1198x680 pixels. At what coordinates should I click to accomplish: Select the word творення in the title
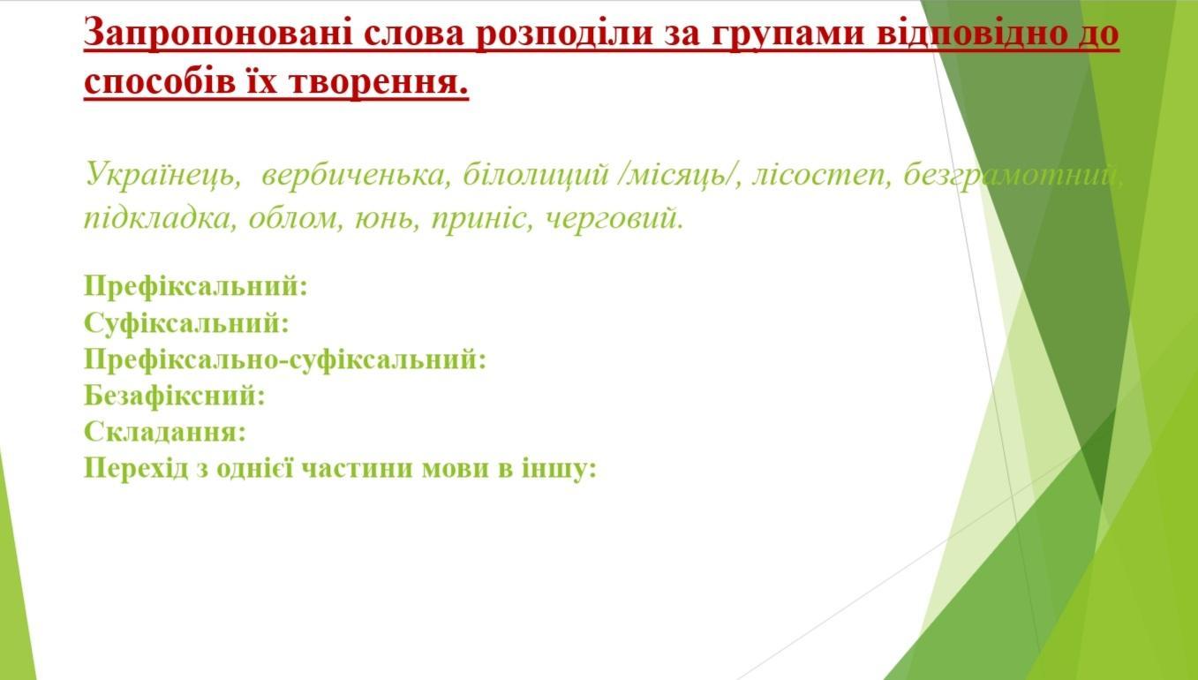(x=379, y=83)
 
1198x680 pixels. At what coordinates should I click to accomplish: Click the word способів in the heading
(x=160, y=82)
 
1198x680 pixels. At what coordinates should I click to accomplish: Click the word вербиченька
(x=357, y=174)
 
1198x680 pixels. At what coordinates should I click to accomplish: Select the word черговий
(x=614, y=219)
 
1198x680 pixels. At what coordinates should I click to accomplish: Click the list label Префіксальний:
(x=196, y=286)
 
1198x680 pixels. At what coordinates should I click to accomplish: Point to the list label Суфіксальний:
(x=186, y=323)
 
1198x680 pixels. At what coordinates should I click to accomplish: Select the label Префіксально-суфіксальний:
(x=285, y=359)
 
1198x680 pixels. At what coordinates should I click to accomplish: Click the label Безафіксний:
(x=174, y=396)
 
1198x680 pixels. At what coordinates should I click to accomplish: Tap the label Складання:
(x=165, y=431)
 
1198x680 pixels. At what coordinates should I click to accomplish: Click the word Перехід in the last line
(x=136, y=468)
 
